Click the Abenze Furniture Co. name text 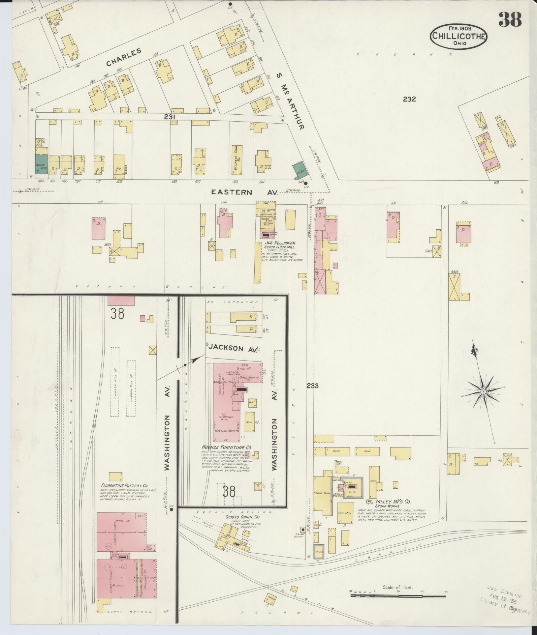click(227, 447)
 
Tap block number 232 click(409, 99)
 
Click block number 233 click(312, 386)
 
